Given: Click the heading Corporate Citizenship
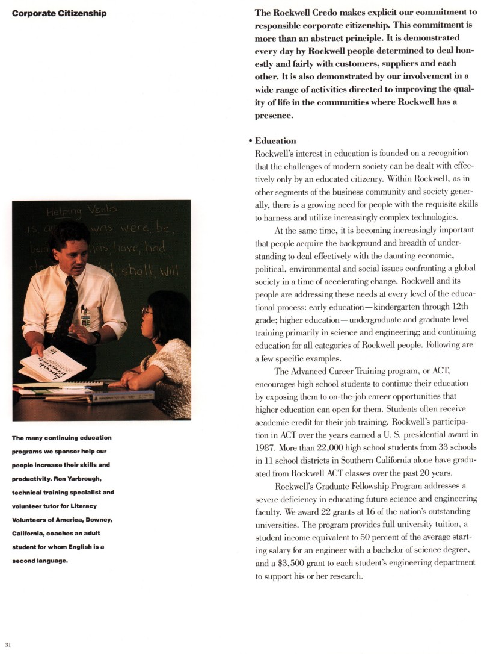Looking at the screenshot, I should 59,13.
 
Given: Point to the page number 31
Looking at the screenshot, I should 7,644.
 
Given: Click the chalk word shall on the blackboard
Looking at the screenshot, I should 137,272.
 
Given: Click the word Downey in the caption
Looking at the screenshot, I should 98,519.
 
